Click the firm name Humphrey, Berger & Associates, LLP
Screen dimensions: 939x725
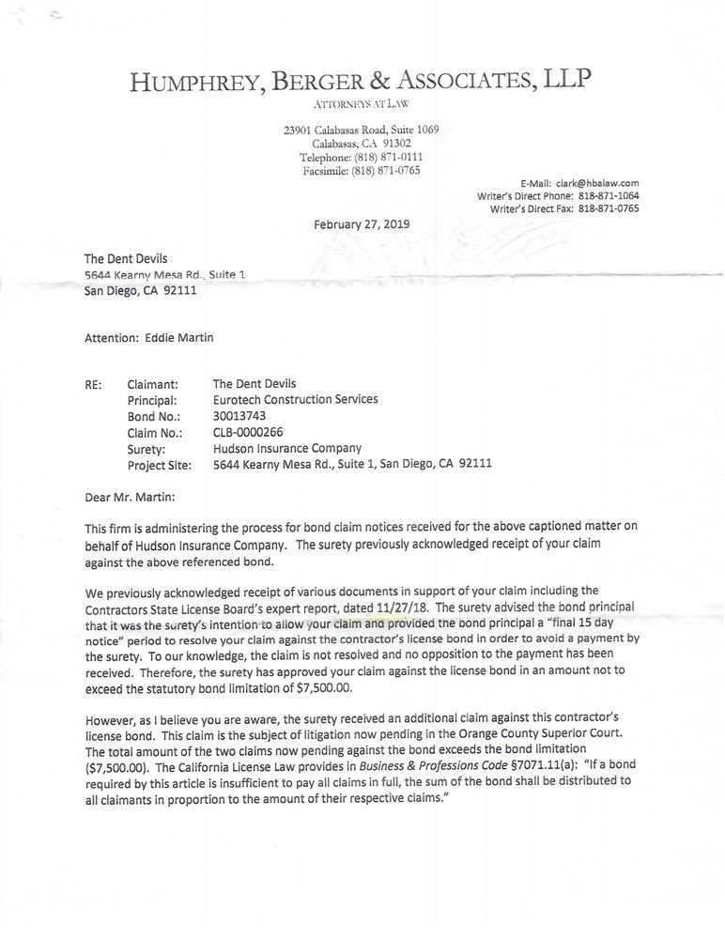(362, 82)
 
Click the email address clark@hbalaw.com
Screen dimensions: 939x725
(597, 183)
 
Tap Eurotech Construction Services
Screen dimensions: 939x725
(296, 400)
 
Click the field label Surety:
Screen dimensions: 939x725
(147, 449)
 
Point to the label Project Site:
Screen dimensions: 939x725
(159, 465)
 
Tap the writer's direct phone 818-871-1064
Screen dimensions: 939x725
(609, 195)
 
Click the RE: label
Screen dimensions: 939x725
(95, 384)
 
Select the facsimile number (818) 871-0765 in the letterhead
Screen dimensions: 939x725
(386, 171)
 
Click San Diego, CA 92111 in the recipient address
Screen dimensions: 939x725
(142, 290)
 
